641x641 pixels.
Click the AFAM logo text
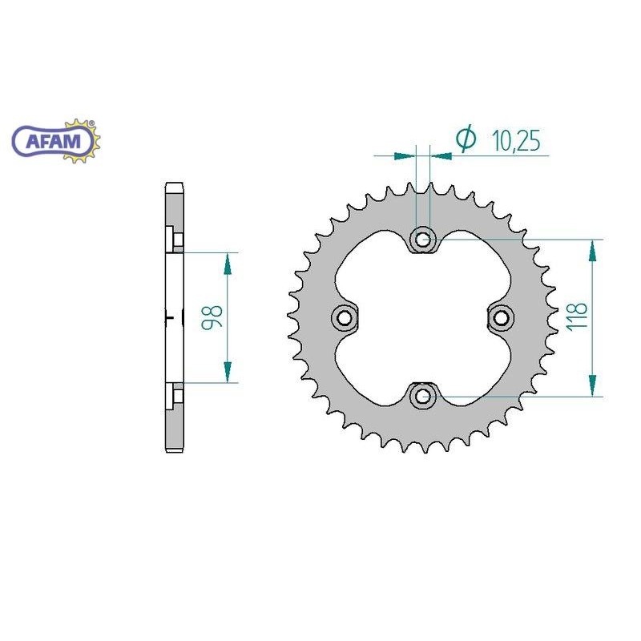[53, 141]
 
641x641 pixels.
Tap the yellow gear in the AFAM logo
[86, 141]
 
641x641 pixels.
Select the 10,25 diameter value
[516, 140]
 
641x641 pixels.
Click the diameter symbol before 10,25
[466, 138]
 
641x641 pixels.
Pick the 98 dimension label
[212, 316]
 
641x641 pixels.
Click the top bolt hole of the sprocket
[423, 238]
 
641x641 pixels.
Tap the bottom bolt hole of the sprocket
[423, 395]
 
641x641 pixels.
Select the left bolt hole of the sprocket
[345, 316]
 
